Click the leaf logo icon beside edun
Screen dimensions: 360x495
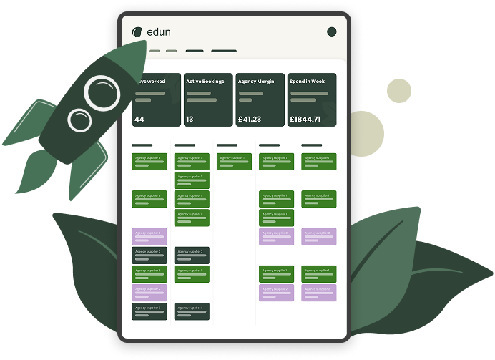click(x=137, y=31)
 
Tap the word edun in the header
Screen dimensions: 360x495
click(x=158, y=32)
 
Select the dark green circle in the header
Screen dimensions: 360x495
click(x=331, y=31)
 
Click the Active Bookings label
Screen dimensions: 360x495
click(x=205, y=82)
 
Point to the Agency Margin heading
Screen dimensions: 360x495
click(x=257, y=82)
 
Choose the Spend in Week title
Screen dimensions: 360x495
click(x=308, y=82)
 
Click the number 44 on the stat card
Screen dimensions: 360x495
click(x=139, y=119)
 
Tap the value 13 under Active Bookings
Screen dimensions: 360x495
click(x=190, y=119)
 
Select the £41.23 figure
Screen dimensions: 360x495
click(x=250, y=119)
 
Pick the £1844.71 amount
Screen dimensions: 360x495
click(x=305, y=119)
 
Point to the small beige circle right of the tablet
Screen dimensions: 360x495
click(x=398, y=91)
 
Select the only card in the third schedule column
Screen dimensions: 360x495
click(x=234, y=161)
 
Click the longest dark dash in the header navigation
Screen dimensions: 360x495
click(x=223, y=51)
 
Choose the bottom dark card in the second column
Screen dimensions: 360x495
click(x=192, y=311)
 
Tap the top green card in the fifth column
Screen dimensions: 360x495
click(x=318, y=161)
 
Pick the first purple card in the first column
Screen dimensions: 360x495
click(x=150, y=236)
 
